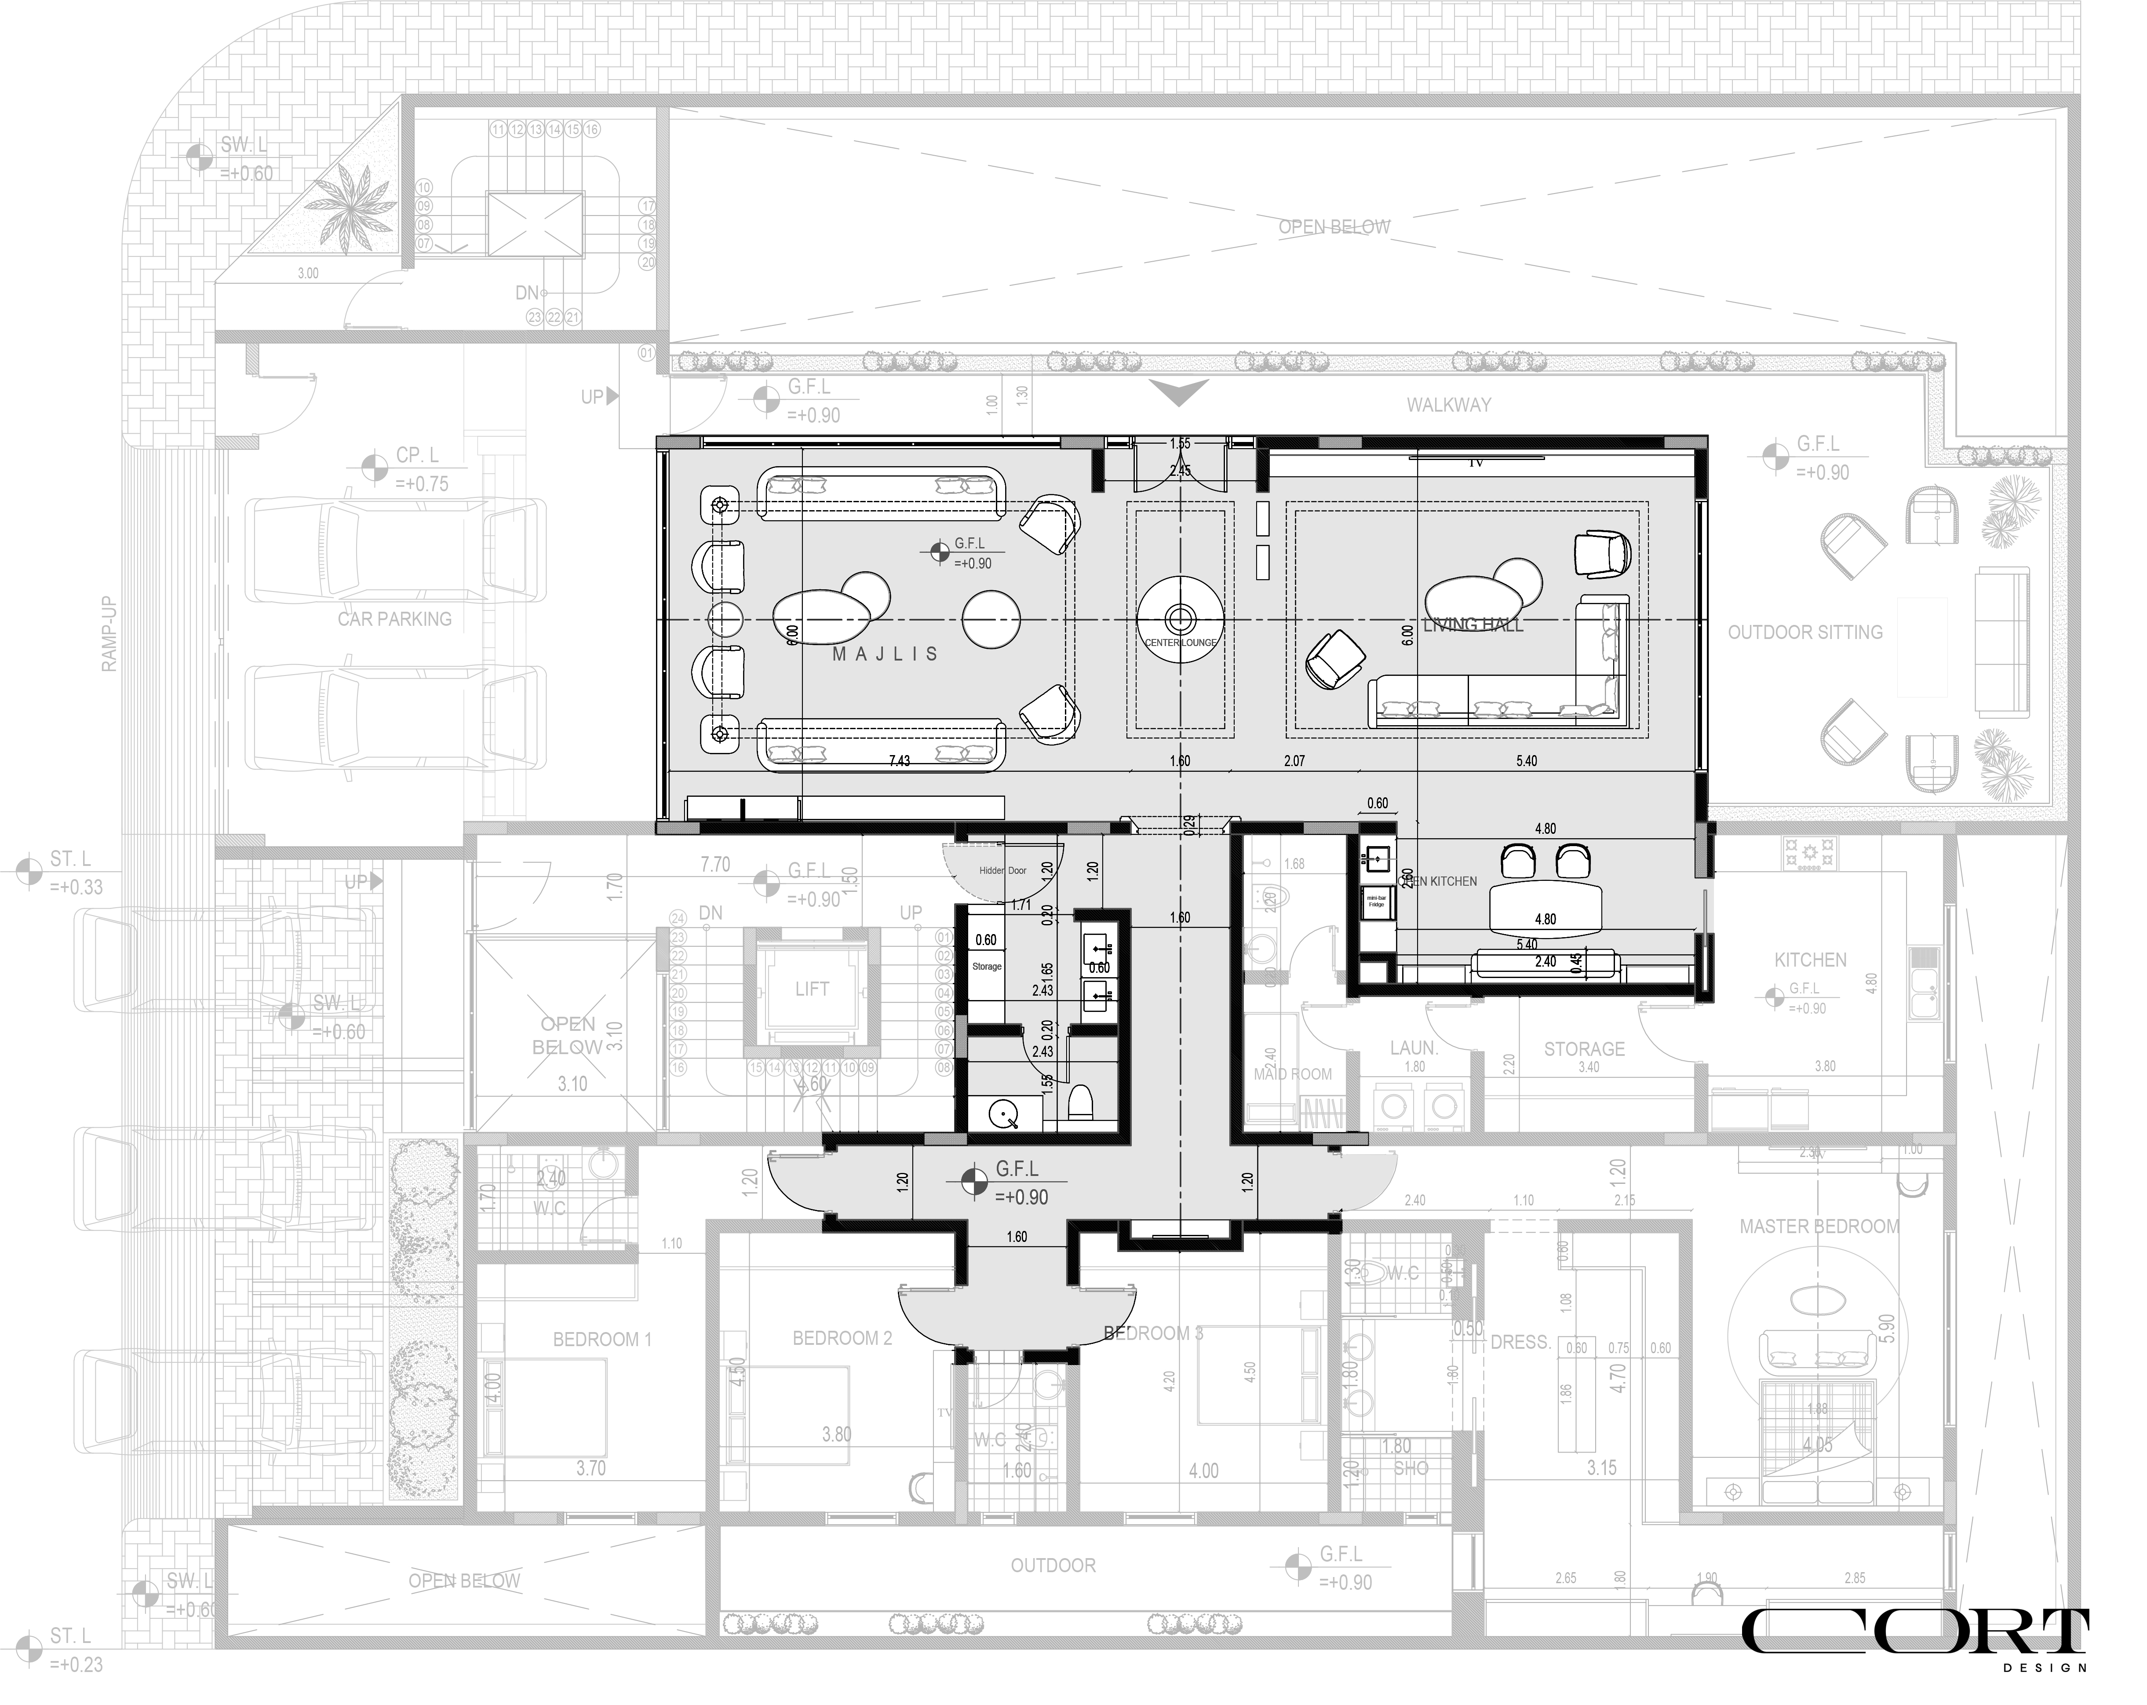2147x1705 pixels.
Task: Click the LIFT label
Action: (812, 989)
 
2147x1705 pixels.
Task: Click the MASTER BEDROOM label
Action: (1819, 1227)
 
